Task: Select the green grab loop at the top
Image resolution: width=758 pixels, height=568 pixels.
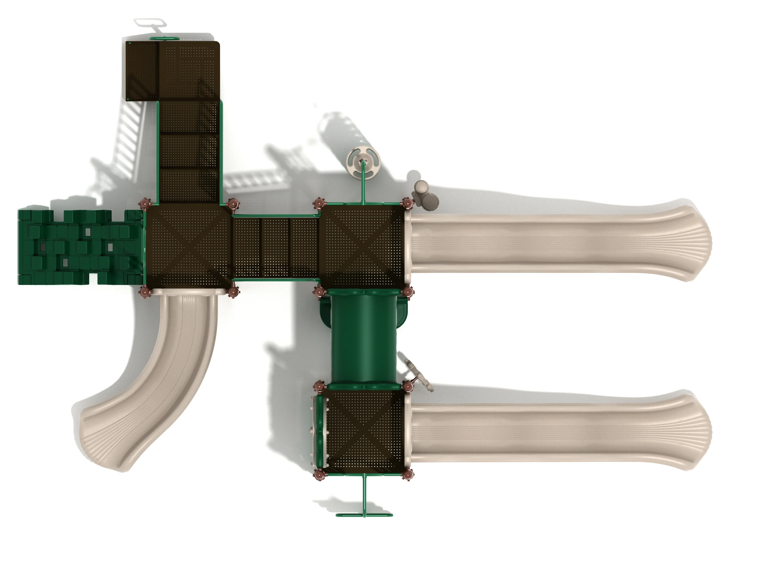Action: click(x=164, y=38)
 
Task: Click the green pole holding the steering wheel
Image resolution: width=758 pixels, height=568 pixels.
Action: click(x=363, y=185)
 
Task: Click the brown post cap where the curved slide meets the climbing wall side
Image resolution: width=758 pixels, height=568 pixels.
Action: click(x=145, y=292)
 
